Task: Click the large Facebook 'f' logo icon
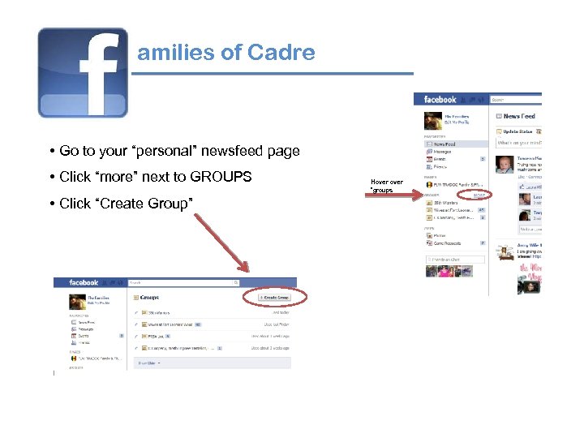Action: [x=83, y=72]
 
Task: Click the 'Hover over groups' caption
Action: [x=386, y=186]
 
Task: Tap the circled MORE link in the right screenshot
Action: [x=479, y=195]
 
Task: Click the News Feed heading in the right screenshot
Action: [x=518, y=116]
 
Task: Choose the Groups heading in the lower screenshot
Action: [x=150, y=298]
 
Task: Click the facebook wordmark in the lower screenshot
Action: [x=84, y=283]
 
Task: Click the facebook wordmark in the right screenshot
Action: [x=440, y=100]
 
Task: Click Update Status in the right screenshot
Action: [x=517, y=131]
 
